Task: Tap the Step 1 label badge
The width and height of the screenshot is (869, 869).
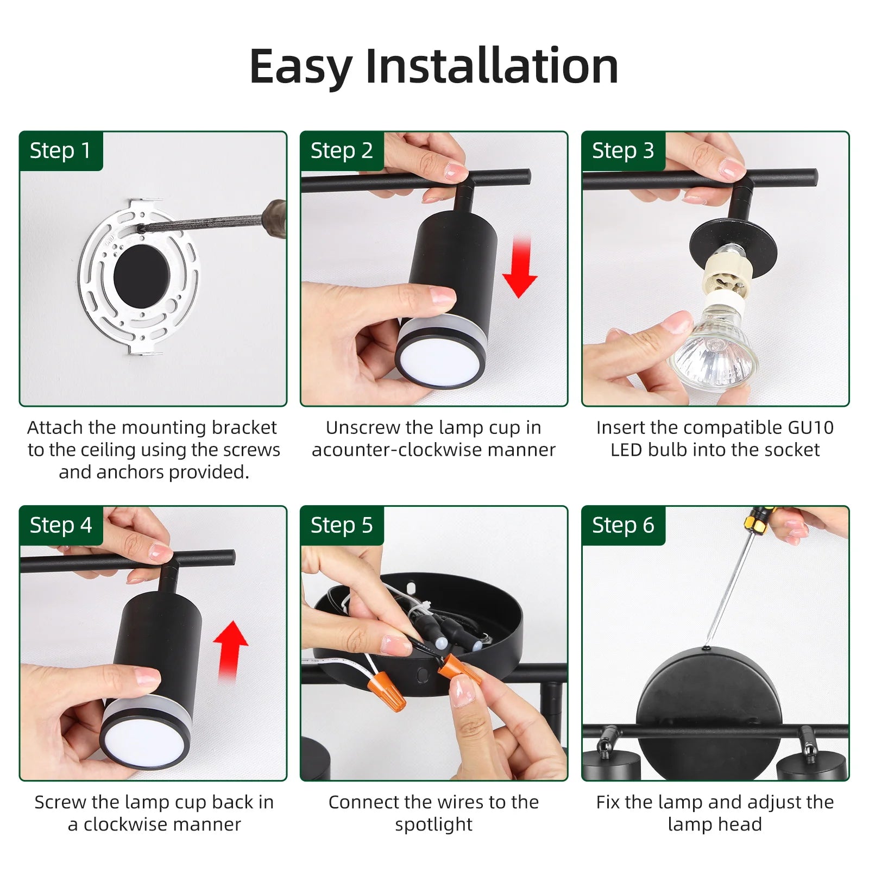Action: click(61, 151)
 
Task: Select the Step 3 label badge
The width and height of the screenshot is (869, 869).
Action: click(624, 151)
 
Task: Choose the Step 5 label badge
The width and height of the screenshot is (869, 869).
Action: click(342, 526)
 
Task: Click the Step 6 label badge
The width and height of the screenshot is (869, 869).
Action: click(624, 526)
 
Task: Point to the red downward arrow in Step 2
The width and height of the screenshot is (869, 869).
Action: click(520, 267)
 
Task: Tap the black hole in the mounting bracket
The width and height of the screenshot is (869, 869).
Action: click(142, 275)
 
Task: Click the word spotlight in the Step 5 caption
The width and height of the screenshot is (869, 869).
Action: click(433, 825)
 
